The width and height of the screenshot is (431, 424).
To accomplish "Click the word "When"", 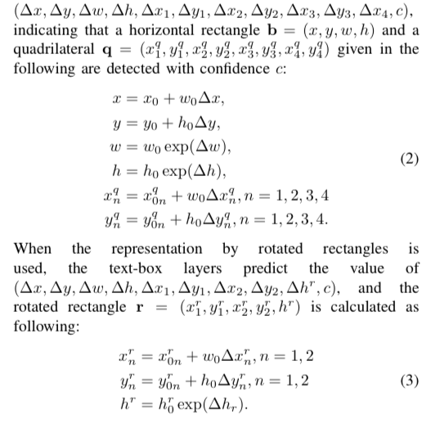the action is coord(33,249).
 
